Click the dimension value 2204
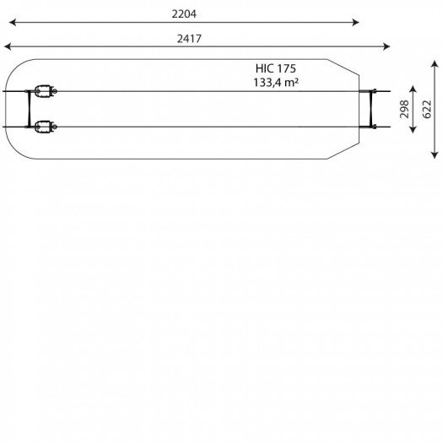tap(184, 14)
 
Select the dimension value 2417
tap(189, 39)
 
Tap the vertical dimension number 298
tap(404, 109)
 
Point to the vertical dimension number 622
tap(427, 109)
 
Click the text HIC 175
tap(276, 68)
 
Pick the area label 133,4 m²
tap(276, 83)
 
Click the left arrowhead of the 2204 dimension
tap(13, 22)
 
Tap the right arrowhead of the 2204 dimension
tap(356, 22)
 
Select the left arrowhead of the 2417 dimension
tap(8, 46)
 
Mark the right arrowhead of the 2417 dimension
tap(386, 46)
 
